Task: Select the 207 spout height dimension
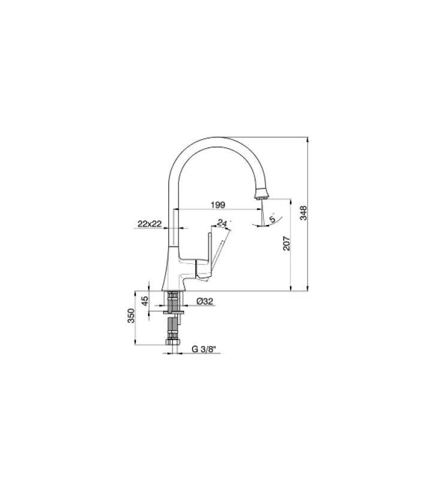pyautogui.click(x=287, y=244)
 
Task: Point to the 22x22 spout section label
pyautogui.click(x=149, y=224)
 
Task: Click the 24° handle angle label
pyautogui.click(x=223, y=223)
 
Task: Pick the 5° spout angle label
pyautogui.click(x=273, y=220)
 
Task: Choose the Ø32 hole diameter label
pyautogui.click(x=204, y=302)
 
